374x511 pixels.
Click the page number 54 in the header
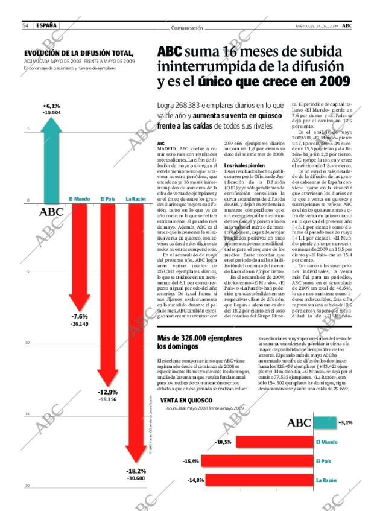(x=26, y=25)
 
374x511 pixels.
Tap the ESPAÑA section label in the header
(x=46, y=25)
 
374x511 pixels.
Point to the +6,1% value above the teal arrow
(x=51, y=106)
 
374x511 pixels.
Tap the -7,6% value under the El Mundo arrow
(x=79, y=316)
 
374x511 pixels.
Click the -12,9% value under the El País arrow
(x=107, y=392)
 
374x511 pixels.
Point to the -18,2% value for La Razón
(x=136, y=471)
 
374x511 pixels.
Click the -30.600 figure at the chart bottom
(x=136, y=478)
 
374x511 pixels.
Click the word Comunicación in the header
(x=186, y=28)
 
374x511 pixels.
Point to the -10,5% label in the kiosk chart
(x=223, y=442)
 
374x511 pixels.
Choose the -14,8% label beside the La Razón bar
(x=194, y=480)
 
